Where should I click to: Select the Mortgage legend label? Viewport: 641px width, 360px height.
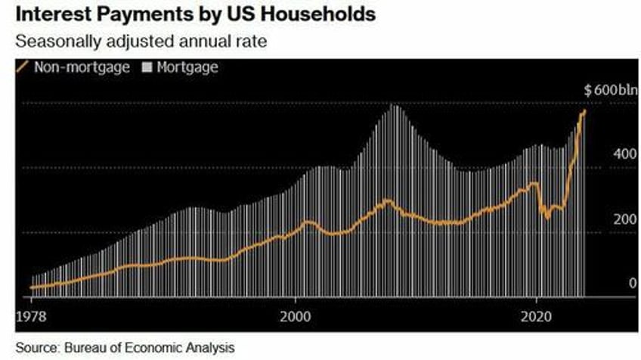(x=187, y=67)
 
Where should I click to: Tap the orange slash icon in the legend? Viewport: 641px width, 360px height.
(x=22, y=67)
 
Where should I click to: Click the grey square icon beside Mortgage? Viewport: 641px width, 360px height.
(x=147, y=67)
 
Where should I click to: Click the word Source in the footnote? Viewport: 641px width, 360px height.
(x=34, y=347)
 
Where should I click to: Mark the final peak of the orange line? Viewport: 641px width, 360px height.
(x=584, y=111)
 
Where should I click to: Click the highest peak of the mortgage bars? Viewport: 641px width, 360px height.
(x=395, y=106)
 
